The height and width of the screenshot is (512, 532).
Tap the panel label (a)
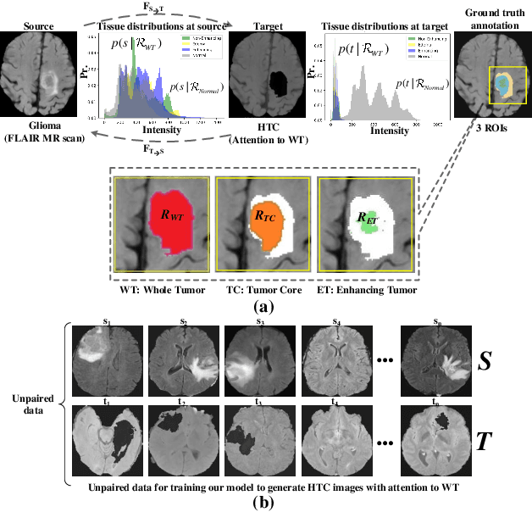point(265,306)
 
